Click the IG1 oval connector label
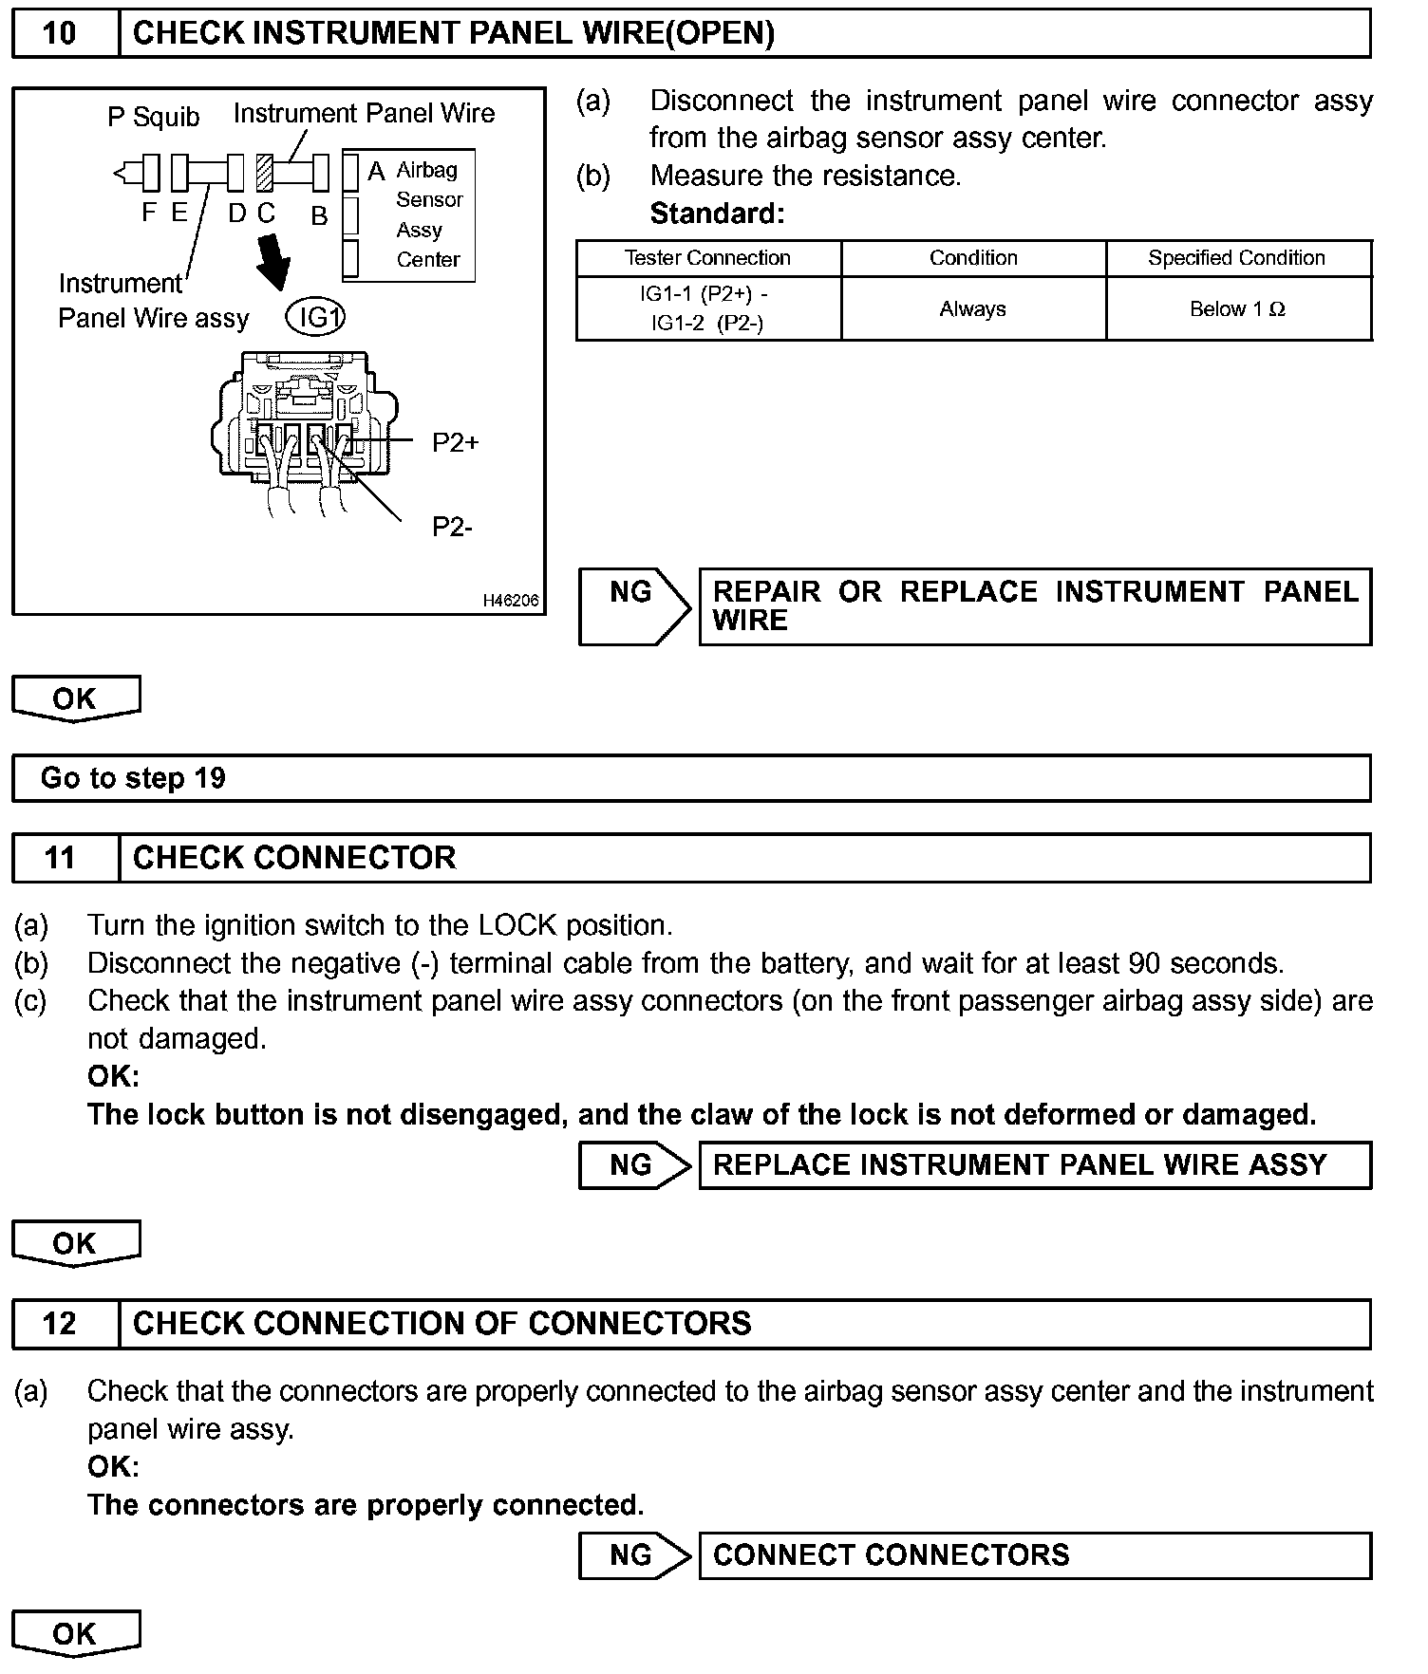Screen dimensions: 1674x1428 [x=315, y=318]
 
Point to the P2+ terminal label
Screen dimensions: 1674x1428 [x=456, y=443]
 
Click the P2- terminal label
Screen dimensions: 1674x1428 [x=452, y=527]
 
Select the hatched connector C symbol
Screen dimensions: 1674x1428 [x=265, y=174]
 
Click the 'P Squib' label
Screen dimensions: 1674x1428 [x=153, y=117]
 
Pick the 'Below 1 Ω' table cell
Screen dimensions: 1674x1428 [x=1238, y=309]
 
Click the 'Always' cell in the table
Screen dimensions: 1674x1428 [x=973, y=309]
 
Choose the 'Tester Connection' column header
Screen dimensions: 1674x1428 [x=707, y=258]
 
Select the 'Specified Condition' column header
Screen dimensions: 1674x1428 [x=1237, y=258]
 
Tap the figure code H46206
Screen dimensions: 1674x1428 [x=511, y=601]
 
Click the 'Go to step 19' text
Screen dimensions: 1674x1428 [x=133, y=778]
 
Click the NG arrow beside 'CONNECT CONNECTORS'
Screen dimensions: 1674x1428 [x=634, y=1555]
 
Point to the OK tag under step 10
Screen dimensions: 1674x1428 [x=75, y=698]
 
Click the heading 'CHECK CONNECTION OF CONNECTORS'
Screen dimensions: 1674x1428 [x=442, y=1323]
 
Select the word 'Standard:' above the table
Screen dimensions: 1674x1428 [x=717, y=214]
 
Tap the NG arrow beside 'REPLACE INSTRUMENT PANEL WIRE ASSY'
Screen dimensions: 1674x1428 [x=634, y=1164]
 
